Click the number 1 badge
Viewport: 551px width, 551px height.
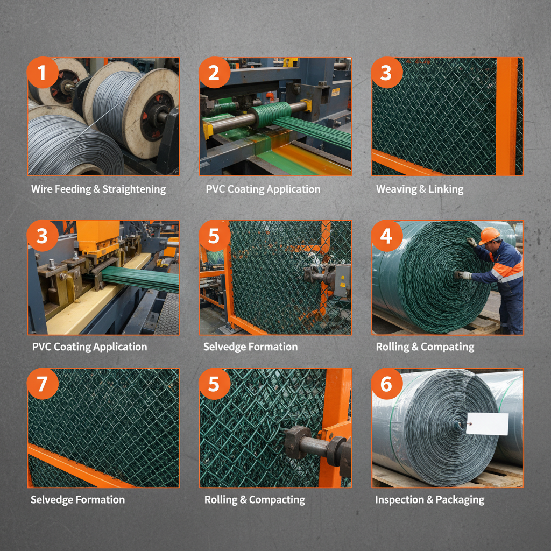43,72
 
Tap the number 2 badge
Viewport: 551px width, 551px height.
214,72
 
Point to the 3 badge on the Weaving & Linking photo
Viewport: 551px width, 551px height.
386,72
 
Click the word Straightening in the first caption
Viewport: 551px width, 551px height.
134,189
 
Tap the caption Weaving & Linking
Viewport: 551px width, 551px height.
419,189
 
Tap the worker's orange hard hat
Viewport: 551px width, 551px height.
489,235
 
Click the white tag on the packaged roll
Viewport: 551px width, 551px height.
487,424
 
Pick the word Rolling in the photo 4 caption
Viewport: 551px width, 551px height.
391,347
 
